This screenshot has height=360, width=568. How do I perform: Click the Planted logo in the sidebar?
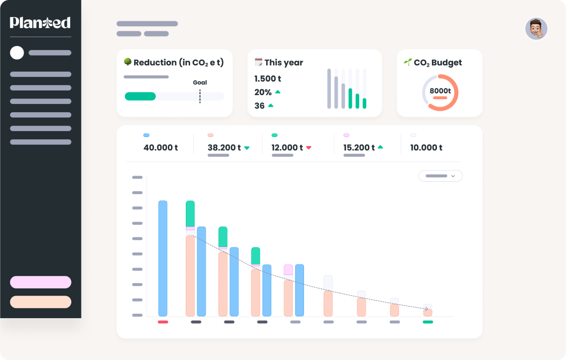pyautogui.click(x=40, y=23)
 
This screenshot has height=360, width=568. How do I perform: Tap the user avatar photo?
pyautogui.click(x=536, y=29)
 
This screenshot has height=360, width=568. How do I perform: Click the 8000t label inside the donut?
pyautogui.click(x=440, y=91)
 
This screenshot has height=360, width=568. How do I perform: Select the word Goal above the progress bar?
pyautogui.click(x=200, y=83)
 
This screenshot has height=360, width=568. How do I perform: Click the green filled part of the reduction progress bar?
pyautogui.click(x=140, y=96)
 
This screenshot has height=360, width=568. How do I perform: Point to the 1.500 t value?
pyautogui.click(x=268, y=79)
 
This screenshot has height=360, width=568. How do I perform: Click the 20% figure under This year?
pyautogui.click(x=263, y=92)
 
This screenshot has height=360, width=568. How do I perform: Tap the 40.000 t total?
pyautogui.click(x=161, y=148)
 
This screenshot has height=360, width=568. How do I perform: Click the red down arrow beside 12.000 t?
pyautogui.click(x=309, y=148)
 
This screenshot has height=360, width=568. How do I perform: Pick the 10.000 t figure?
pyautogui.click(x=426, y=148)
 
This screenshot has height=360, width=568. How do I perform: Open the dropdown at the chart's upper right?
pyautogui.click(x=440, y=176)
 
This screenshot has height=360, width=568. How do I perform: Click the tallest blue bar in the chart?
pyautogui.click(x=163, y=258)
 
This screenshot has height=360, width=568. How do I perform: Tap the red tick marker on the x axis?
pyautogui.click(x=163, y=322)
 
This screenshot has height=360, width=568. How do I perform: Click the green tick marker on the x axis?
pyautogui.click(x=428, y=322)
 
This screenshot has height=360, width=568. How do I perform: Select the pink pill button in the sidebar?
pyautogui.click(x=40, y=282)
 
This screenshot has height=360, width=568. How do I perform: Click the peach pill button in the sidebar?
pyautogui.click(x=40, y=302)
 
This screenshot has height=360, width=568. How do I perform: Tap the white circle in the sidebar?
pyautogui.click(x=17, y=53)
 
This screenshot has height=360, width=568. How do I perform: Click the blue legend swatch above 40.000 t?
pyautogui.click(x=146, y=135)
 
